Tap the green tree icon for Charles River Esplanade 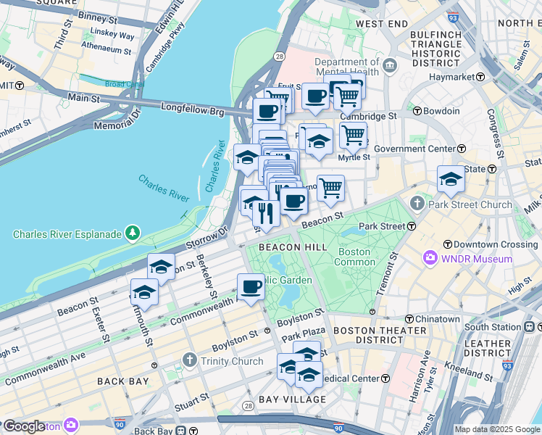pos(133,233)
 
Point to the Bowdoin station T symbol pos(417,111)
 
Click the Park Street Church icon pos(417,204)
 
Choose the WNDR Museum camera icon pos(430,258)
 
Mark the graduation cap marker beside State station pos(451,179)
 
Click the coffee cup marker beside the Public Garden pos(251,286)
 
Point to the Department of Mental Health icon pos(390,66)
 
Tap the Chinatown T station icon pos(409,319)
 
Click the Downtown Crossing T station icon pos(448,244)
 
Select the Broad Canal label pos(125,84)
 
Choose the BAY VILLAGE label pos(291,399)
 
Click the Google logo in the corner pos(24,426)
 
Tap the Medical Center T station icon pos(385,378)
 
